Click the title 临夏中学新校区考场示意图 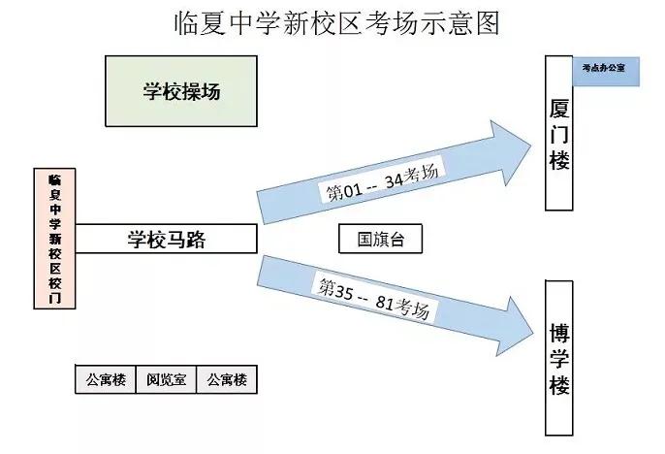point(332,23)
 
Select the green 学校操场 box point(181,91)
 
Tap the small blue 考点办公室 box point(604,70)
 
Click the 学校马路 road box point(167,239)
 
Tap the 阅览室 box point(166,379)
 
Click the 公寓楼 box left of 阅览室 point(106,379)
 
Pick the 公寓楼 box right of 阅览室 point(226,379)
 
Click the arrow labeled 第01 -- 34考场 point(388,179)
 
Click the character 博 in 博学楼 point(559,331)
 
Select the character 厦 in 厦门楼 point(559,105)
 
